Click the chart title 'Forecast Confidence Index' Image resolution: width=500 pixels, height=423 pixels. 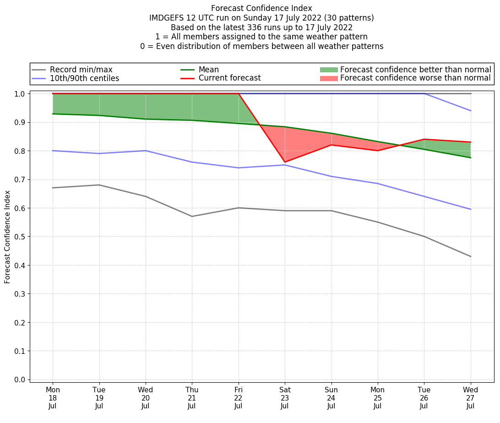(261, 8)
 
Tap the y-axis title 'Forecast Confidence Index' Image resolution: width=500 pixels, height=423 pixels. (7, 237)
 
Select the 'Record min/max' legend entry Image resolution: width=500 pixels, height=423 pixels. (81, 70)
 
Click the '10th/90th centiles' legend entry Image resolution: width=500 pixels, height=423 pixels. (84, 78)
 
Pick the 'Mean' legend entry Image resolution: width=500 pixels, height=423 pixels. (208, 70)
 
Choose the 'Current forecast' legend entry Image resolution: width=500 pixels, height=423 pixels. (229, 78)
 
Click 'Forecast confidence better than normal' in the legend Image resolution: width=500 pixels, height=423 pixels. (415, 70)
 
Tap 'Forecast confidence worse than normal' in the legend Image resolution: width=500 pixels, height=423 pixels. (415, 78)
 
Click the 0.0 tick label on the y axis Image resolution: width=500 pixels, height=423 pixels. (20, 380)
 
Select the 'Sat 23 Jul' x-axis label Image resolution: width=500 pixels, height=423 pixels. (285, 398)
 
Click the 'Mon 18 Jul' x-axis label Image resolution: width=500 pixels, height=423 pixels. (53, 398)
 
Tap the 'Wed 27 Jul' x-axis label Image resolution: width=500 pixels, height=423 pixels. (470, 398)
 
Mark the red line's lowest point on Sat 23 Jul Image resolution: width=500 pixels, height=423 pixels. (285, 162)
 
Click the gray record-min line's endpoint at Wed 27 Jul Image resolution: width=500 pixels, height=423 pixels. (470, 256)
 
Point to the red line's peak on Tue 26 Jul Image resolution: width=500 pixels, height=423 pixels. (424, 139)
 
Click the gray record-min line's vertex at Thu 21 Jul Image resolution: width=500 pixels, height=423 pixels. (192, 217)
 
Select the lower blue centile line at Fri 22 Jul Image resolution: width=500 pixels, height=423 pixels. (239, 168)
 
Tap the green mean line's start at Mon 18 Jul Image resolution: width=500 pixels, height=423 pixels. (53, 114)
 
